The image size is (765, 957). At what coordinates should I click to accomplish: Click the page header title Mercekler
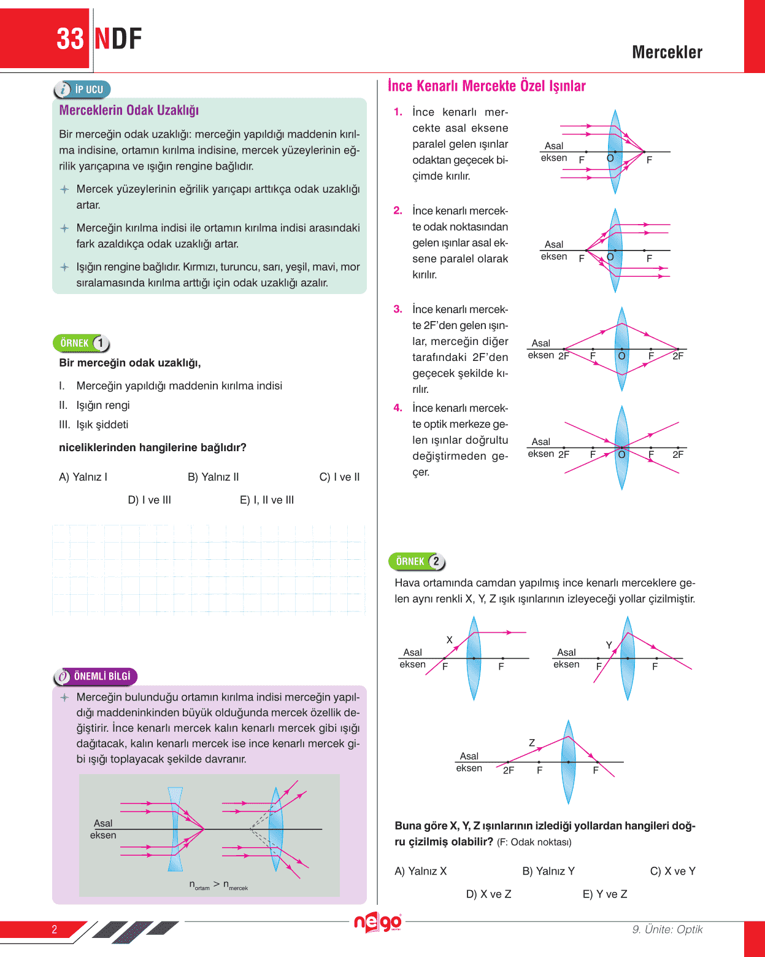click(667, 52)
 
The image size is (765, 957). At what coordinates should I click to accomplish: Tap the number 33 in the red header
click(70, 39)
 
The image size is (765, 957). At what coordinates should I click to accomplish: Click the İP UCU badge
click(82, 90)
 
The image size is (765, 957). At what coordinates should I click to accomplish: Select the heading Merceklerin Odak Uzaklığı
click(129, 110)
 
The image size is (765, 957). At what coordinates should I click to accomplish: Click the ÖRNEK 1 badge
click(82, 343)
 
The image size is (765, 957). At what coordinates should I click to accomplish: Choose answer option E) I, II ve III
click(267, 500)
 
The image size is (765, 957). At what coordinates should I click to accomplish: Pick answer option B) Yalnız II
click(213, 477)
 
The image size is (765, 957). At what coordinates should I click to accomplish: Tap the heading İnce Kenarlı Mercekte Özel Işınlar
click(486, 86)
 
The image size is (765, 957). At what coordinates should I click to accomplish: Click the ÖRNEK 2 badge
click(417, 562)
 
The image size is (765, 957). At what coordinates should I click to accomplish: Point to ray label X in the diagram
click(450, 640)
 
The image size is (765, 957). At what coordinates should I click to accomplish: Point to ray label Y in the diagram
click(609, 645)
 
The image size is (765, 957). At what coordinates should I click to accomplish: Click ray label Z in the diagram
click(532, 743)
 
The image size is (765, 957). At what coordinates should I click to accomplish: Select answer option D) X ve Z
click(488, 894)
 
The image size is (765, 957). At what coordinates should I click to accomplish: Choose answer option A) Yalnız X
click(421, 871)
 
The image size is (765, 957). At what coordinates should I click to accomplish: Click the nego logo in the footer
click(377, 922)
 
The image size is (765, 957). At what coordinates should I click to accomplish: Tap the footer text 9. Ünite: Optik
click(667, 929)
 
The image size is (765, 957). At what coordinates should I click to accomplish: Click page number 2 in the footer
click(55, 929)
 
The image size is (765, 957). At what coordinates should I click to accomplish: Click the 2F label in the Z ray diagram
click(509, 770)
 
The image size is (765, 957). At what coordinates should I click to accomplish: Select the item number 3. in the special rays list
click(398, 309)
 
